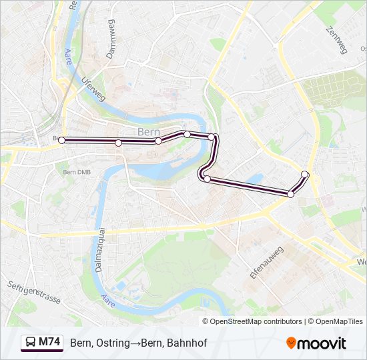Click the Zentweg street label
337,40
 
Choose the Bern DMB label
75,171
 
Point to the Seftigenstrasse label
34,292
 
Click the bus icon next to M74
30,343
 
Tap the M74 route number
49,343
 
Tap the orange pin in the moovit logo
291,343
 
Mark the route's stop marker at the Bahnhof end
62,140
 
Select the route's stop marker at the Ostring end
305,175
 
